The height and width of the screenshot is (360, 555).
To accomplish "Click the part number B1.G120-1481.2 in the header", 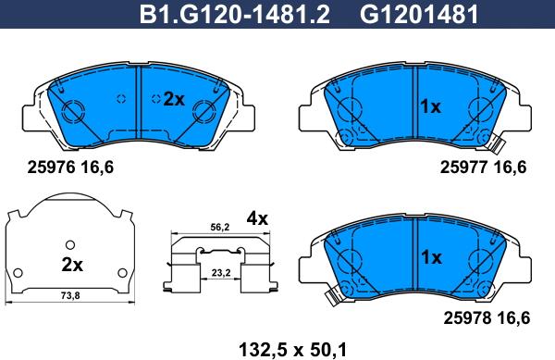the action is pos(235,15).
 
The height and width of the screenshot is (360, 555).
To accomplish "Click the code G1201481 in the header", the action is pos(419,15).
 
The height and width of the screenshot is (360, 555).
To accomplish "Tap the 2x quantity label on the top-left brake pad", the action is pos(174,99).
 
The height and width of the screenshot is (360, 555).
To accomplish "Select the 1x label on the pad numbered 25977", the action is pos(430,106).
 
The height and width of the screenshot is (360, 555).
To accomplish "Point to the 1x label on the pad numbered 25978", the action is pos(431,257).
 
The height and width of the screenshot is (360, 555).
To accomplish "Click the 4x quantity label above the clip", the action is pos(257,218).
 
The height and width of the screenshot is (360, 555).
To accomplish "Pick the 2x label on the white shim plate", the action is pos(72,265).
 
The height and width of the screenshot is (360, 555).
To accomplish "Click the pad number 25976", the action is pos(51,167).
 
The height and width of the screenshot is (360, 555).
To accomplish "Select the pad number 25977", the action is pos(464,167).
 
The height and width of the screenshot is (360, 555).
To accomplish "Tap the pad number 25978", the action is pos(467,317).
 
